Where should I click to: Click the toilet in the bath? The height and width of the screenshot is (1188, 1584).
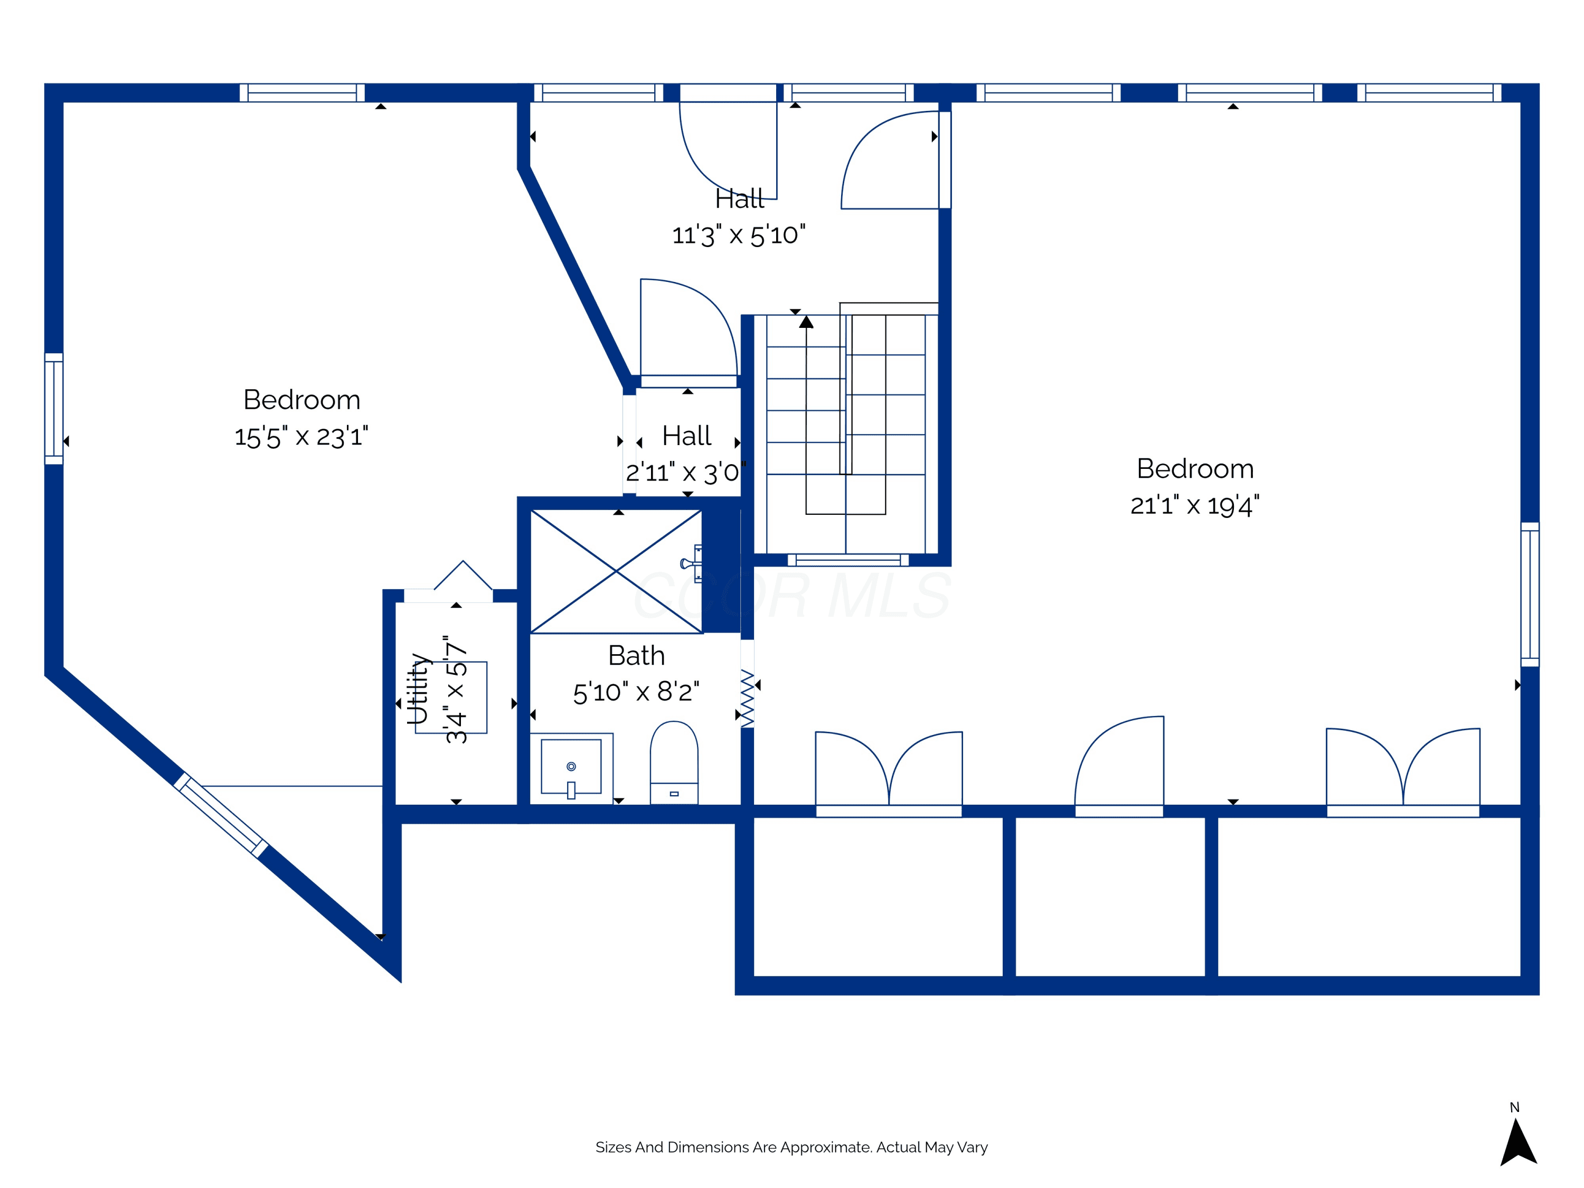[674, 762]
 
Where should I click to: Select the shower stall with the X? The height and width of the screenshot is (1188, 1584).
[616, 571]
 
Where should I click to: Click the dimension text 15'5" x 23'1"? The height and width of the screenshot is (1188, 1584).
[301, 437]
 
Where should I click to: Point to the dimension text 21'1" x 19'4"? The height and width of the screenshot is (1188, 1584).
[1194, 506]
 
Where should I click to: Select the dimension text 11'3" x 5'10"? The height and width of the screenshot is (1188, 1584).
[738, 235]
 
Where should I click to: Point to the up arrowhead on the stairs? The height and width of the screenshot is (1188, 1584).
[806, 322]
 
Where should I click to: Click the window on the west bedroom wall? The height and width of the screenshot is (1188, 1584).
[54, 408]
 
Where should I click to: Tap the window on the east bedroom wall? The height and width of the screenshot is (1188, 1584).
[1530, 595]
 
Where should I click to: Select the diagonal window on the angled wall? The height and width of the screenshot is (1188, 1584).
[221, 815]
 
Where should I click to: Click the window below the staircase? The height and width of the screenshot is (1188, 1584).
[848, 560]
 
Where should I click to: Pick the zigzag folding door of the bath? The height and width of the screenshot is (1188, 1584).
[747, 697]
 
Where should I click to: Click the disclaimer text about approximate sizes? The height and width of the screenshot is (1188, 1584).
[791, 1147]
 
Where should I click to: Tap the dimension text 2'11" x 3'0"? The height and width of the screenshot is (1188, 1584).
[685, 473]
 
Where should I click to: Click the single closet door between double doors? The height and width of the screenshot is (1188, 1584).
[1119, 766]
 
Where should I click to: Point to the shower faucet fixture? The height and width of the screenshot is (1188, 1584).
[692, 563]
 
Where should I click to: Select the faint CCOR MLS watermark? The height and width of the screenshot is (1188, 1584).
[792, 595]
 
